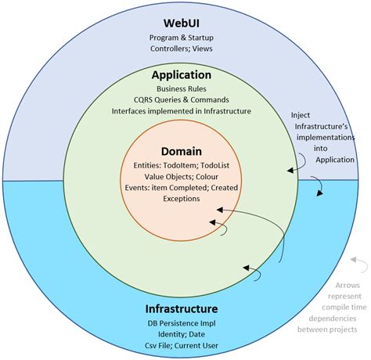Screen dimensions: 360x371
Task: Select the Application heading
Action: [x=181, y=75]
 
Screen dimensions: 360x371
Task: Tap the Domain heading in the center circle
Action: [x=181, y=150]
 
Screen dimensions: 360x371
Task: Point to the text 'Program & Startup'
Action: [x=181, y=37]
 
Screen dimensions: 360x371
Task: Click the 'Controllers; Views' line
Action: [x=181, y=49]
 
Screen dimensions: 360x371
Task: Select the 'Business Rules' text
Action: [x=181, y=89]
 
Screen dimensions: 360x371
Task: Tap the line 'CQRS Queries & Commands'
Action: [x=181, y=100]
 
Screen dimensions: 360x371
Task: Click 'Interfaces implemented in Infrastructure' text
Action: [x=181, y=112]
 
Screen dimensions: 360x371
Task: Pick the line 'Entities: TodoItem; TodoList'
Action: [x=181, y=165]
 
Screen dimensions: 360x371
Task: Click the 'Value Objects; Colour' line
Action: [x=181, y=176]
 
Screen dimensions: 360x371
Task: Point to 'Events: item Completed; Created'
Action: [x=181, y=188]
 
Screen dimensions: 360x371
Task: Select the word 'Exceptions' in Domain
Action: [x=181, y=199]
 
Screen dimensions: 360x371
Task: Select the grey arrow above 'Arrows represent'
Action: [x=358, y=262]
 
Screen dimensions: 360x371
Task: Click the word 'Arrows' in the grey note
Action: [x=335, y=286]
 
